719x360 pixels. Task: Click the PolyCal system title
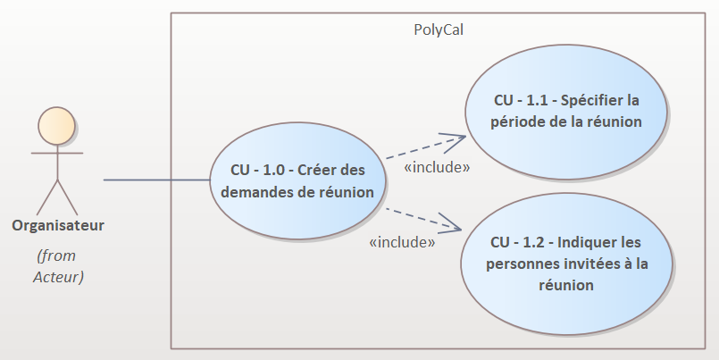(439, 29)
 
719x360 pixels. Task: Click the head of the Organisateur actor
(56, 126)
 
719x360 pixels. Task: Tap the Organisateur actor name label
(58, 226)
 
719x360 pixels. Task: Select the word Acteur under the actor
(58, 277)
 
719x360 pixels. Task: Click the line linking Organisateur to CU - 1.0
(157, 180)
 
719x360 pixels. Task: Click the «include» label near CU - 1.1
(437, 167)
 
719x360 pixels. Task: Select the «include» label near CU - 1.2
(402, 242)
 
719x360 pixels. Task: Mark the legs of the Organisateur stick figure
(57, 197)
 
